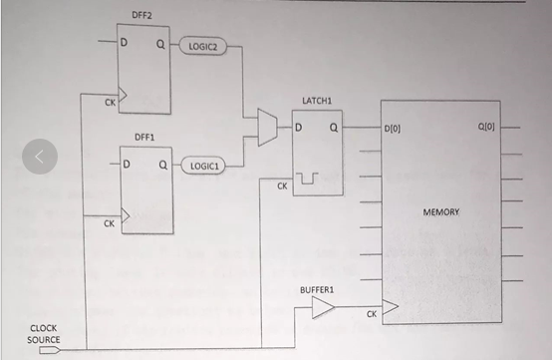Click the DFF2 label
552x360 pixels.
coord(141,16)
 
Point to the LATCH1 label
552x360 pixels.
coord(316,101)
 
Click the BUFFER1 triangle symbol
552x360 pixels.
coord(322,310)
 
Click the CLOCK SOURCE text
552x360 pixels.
coord(43,333)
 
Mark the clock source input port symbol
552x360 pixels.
coord(52,350)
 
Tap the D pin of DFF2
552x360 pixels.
coord(126,42)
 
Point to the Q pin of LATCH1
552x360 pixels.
coord(334,128)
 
